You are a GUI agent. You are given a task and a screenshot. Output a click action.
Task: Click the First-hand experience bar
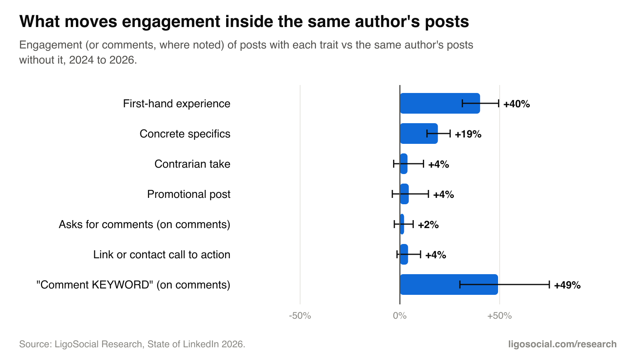pos(440,103)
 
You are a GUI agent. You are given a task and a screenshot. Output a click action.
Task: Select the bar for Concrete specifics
pos(419,134)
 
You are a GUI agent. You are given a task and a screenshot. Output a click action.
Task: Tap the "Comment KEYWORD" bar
pos(449,285)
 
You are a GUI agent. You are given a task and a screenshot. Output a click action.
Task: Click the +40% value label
pos(516,104)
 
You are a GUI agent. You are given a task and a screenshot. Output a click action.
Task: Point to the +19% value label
pos(468,134)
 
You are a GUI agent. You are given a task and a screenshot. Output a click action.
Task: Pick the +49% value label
pos(567,285)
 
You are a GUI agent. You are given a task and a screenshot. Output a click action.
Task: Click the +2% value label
pos(428,225)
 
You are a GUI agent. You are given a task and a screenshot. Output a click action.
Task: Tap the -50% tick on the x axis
pos(300,316)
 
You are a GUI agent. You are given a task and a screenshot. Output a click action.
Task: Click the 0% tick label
pos(400,316)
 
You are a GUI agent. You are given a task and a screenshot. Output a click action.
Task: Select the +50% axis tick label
pos(499,316)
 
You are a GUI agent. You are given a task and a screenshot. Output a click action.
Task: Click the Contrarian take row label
pos(192,164)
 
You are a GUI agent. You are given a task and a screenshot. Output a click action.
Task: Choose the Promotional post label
pos(188,194)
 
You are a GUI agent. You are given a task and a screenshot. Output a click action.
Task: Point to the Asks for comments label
pos(144,225)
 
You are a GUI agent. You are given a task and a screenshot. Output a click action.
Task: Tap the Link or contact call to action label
pos(161,255)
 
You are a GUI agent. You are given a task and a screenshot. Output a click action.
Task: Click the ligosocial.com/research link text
pos(562,344)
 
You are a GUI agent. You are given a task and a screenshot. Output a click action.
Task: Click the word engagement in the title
pos(171,21)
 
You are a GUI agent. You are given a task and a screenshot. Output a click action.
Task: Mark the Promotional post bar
pos(404,194)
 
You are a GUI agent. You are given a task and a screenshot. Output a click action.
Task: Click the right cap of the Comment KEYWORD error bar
pos(549,285)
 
